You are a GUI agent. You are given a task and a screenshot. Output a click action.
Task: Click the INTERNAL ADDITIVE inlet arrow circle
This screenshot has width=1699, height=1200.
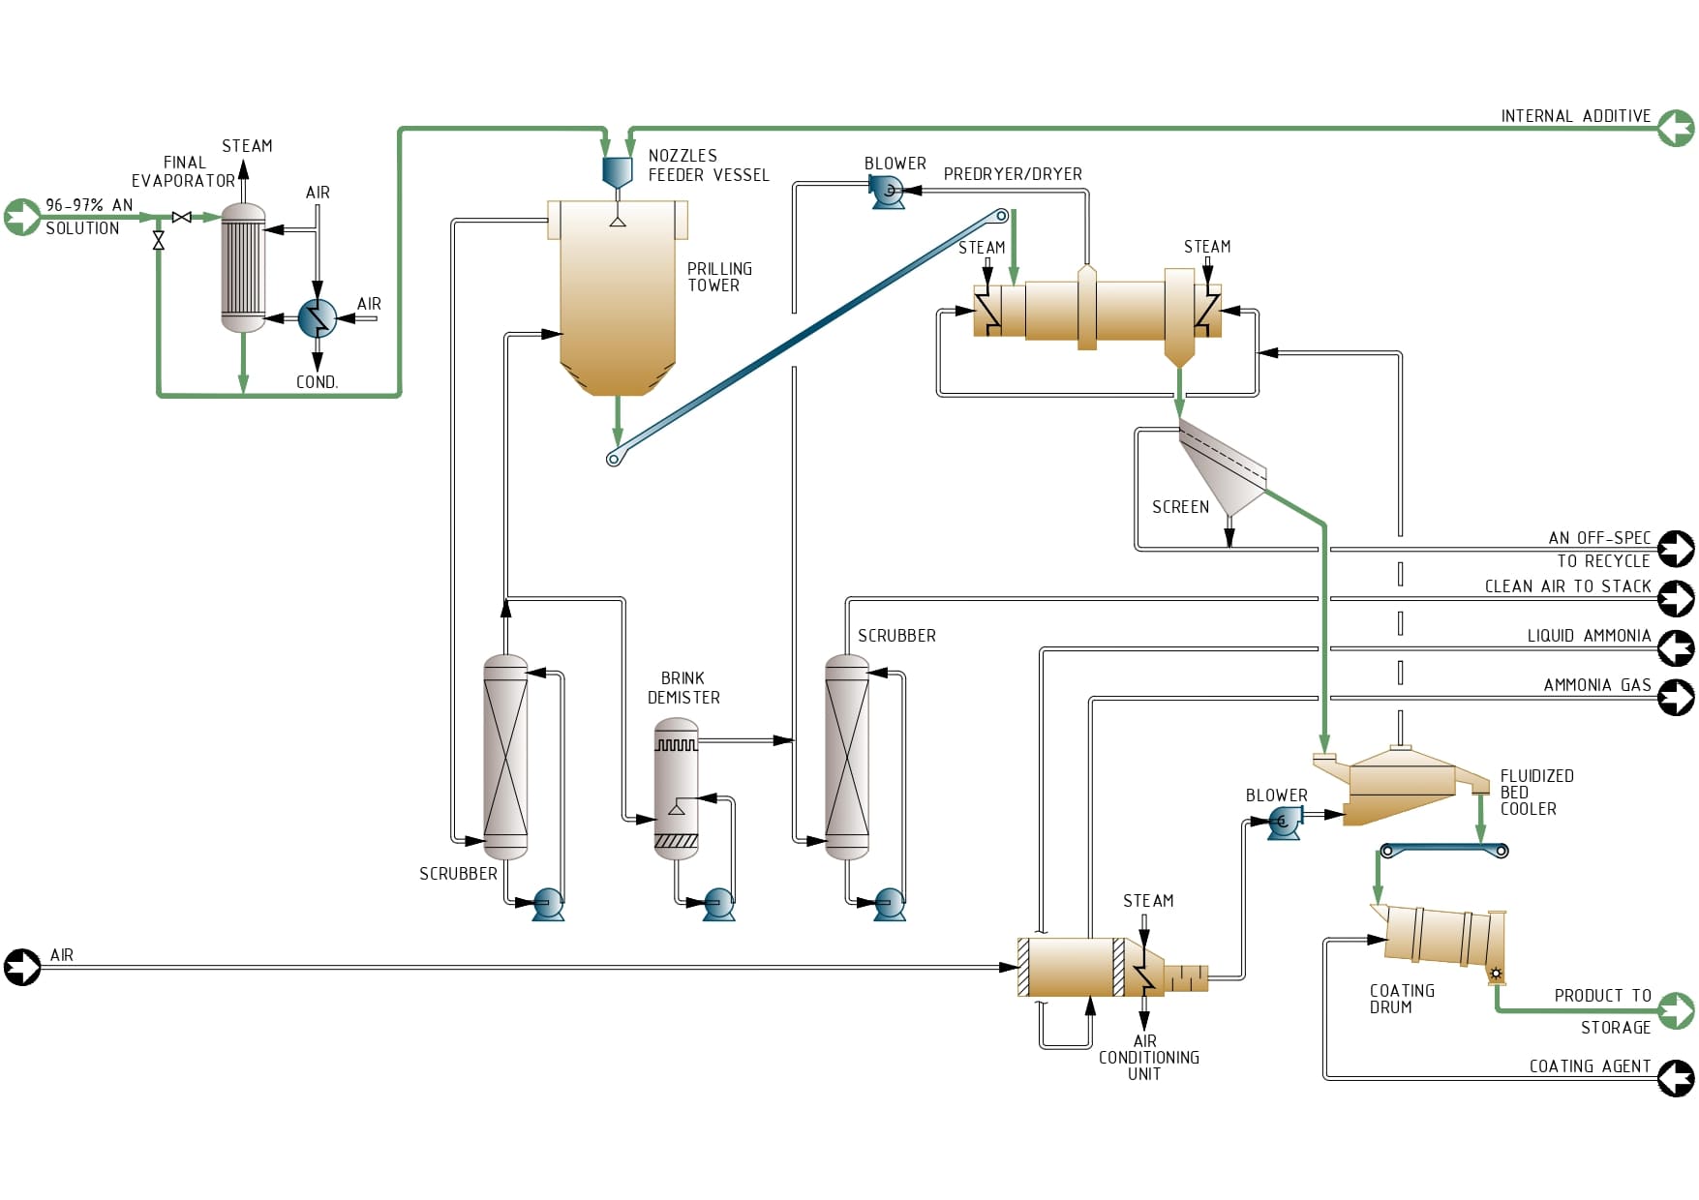coord(1676,128)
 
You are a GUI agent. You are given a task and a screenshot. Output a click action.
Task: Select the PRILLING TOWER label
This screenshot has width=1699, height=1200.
coord(718,277)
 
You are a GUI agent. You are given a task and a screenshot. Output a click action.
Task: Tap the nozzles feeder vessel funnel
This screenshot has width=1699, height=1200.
coord(617,171)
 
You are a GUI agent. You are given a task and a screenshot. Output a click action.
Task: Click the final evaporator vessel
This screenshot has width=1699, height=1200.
coord(243,268)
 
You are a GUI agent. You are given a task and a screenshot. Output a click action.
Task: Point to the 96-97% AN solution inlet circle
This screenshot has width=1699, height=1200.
coord(21,217)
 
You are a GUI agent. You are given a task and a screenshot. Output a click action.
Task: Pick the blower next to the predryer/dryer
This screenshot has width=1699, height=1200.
coord(888,193)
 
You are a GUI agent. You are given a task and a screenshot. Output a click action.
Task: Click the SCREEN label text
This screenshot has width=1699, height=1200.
coord(1180,507)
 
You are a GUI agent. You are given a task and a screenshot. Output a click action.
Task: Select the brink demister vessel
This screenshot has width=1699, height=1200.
coord(676,789)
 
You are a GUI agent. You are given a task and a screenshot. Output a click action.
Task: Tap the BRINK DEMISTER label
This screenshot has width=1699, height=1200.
coord(683,688)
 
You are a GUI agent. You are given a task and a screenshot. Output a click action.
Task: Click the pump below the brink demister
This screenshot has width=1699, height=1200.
coord(718,904)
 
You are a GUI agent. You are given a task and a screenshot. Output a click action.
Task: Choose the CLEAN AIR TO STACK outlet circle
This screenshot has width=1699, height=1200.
coord(1676,598)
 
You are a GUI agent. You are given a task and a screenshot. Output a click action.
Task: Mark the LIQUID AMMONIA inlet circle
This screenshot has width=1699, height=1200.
coord(1676,647)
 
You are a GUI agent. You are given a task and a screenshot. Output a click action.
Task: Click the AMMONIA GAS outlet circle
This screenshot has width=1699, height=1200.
coord(1676,697)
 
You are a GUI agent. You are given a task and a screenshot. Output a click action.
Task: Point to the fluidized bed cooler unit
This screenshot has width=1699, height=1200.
coord(1402,786)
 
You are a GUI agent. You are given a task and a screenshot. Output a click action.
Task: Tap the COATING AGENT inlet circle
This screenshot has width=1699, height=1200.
coord(1676,1078)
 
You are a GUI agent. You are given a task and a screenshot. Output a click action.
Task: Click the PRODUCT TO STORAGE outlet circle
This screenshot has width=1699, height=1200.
coord(1676,1010)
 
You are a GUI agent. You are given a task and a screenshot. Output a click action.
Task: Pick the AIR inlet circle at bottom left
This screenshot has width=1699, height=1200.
coord(21,966)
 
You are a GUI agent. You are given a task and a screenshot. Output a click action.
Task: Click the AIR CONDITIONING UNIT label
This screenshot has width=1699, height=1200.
coord(1148,1058)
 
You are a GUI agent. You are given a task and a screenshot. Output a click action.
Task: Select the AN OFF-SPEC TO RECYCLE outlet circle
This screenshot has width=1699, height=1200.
coord(1676,549)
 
